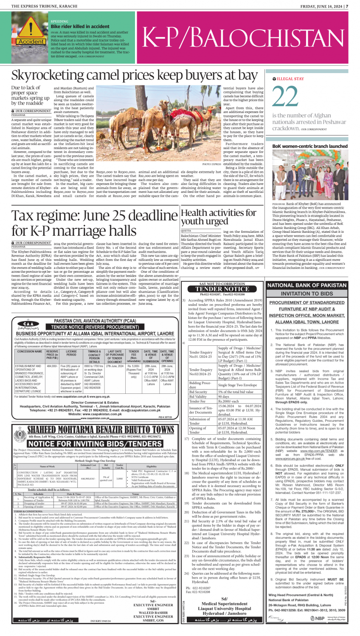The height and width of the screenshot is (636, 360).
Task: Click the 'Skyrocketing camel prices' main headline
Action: [x=135, y=75]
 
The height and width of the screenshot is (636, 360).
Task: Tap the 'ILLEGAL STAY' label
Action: [x=290, y=79]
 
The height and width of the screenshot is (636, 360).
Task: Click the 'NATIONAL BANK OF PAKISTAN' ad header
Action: [x=307, y=285]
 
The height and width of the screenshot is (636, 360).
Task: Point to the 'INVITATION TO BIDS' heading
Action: [x=307, y=294]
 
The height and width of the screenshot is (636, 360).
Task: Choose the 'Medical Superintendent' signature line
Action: [x=224, y=603]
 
